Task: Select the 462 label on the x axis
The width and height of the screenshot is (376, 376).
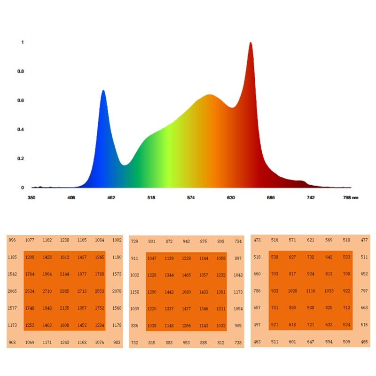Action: tap(111, 198)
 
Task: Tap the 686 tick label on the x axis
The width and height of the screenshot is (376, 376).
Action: tap(271, 198)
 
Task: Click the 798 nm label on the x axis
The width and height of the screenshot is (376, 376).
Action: tap(350, 198)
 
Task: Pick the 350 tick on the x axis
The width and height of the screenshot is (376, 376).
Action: tap(31, 198)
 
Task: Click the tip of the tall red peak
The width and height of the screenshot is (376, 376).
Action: tap(251, 43)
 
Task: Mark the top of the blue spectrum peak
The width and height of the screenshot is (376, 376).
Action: tap(103, 91)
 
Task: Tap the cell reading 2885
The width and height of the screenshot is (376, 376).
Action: tap(65, 291)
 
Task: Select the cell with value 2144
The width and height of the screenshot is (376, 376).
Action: tap(65, 274)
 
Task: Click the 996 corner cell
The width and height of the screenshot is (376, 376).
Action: tap(12, 240)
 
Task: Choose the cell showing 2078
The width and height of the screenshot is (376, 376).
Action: tap(117, 291)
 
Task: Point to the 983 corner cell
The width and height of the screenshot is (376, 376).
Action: tap(117, 343)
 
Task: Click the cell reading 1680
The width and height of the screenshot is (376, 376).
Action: tap(187, 292)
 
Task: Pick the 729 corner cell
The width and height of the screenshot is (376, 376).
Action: tap(134, 241)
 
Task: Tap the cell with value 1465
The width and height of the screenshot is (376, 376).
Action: tap(187, 275)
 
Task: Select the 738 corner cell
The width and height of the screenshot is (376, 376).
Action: tap(238, 343)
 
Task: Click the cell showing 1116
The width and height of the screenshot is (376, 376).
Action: tap(311, 291)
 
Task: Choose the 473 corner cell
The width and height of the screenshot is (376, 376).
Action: tap(257, 240)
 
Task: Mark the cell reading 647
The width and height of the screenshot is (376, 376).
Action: tap(311, 342)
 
